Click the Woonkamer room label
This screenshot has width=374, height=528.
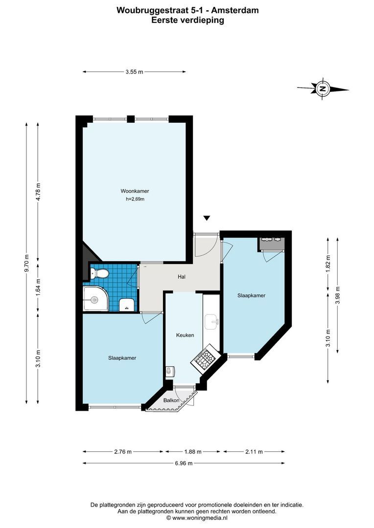coord(135,191)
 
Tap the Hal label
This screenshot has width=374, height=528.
coord(182,277)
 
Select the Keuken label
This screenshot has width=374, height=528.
coord(185,335)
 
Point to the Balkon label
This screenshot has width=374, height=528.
coord(171,400)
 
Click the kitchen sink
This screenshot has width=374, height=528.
coord(212,322)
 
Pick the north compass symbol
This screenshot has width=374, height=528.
coord(323,89)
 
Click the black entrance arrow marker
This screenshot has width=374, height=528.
coord(207,218)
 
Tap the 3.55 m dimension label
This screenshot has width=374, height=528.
coord(134,72)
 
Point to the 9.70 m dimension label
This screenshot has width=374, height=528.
coord(26,263)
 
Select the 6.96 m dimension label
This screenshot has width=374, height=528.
coord(184,463)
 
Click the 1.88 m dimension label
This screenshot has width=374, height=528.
coord(192,452)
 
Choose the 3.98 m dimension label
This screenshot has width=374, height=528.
coord(338,295)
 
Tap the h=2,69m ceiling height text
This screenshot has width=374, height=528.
coord(135,199)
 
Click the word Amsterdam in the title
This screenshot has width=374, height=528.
coord(235,10)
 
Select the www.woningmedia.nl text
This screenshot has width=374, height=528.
coord(199,518)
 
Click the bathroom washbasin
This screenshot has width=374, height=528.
coord(127,305)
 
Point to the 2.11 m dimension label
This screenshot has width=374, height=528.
coord(254,452)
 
